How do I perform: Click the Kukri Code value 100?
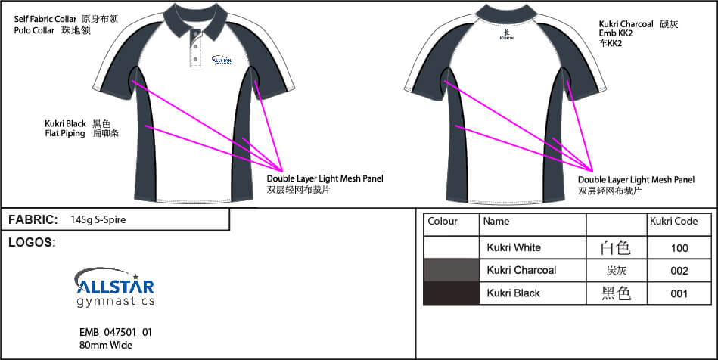[x=679, y=248]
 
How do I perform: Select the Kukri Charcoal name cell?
[x=521, y=271]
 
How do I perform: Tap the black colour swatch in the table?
[x=451, y=293]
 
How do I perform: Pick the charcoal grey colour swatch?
[x=451, y=271]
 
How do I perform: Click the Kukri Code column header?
[x=673, y=222]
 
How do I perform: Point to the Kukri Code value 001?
[x=679, y=293]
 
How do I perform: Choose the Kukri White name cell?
[x=514, y=248]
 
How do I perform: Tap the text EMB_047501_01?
[x=110, y=332]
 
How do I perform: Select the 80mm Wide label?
[x=101, y=345]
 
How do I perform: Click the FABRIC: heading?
[x=33, y=220]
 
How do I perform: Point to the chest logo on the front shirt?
[x=222, y=60]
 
